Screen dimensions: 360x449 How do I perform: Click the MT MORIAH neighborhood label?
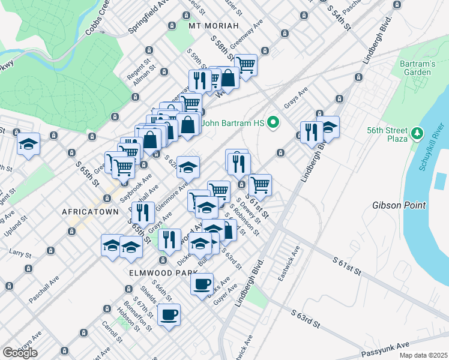point(213,26)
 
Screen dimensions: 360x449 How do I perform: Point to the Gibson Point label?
point(399,205)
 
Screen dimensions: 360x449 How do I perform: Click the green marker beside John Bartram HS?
point(274,124)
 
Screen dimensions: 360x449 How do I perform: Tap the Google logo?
point(19,352)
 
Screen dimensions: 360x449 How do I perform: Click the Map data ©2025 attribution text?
point(423,355)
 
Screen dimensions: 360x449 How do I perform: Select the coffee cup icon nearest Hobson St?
point(169,314)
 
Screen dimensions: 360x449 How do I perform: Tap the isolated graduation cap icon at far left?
point(28,144)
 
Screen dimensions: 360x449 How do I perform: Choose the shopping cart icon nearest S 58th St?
point(246,64)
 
